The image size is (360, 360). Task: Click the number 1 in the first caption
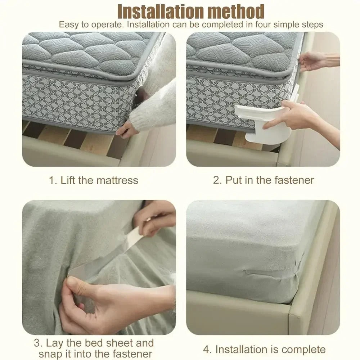(x=52, y=180)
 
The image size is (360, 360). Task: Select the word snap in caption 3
(x=50, y=354)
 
